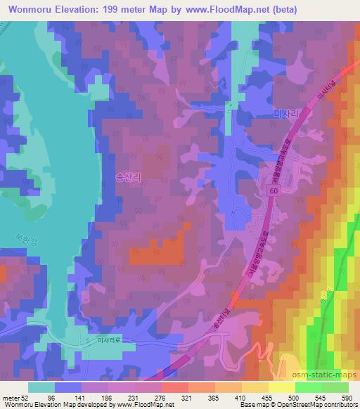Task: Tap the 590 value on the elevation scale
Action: click(347, 397)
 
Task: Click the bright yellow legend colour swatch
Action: click(282, 387)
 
